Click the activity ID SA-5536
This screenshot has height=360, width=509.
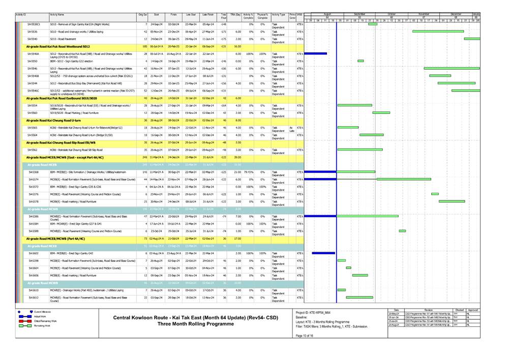click(33, 31)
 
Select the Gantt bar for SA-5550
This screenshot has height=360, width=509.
click(361, 61)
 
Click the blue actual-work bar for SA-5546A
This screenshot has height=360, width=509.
click(315, 53)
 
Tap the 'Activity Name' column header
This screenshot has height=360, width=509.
click(57, 15)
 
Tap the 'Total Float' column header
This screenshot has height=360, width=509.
click(224, 16)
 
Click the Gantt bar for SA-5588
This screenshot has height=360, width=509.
click(402, 231)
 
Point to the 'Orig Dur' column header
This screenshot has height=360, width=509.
click(142, 15)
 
